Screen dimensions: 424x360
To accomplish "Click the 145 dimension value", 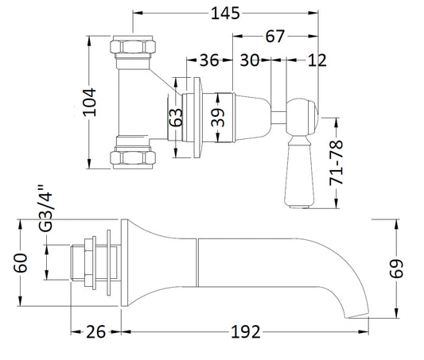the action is coord(225,14).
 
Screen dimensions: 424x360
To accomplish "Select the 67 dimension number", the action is coord(274,37).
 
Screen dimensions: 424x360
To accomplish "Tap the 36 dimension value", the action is coord(209,60).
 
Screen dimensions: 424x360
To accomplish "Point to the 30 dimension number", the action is coord(250,60).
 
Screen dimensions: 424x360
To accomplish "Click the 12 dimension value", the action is coord(317,60).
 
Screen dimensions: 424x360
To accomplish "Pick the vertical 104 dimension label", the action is coord(90,102).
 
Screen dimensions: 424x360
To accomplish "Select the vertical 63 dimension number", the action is coord(176,117).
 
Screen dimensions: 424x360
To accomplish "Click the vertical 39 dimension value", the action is coord(218,118).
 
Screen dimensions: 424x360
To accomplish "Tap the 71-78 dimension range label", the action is coord(336,163).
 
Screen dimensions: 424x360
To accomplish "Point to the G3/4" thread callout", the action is coord(45,208).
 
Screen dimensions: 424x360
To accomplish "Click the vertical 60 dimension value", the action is coord(21,263).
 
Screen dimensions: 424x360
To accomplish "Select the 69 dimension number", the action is coord(396,269).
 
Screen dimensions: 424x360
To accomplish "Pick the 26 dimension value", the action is coord(96,332).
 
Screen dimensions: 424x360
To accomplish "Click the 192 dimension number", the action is coord(246,332).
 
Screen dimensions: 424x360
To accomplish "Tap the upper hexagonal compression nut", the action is coord(133,47).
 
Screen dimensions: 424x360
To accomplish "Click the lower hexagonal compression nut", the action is coord(133,157).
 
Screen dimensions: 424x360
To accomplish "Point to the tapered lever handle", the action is coord(300,172).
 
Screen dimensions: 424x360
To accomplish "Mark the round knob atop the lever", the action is coord(303,117).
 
